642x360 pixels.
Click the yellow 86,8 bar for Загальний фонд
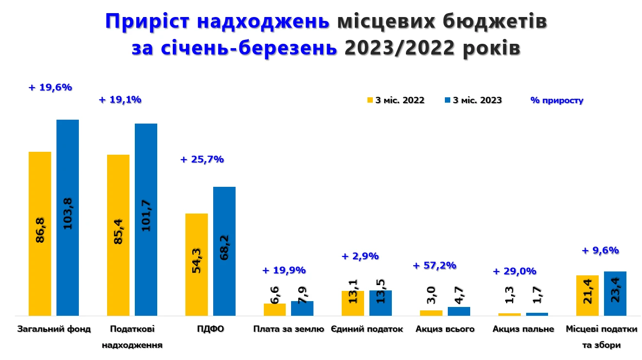tap(40, 234)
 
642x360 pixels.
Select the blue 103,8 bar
tap(68, 217)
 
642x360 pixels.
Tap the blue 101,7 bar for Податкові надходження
tap(146, 219)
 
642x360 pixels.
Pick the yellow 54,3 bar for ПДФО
tap(197, 264)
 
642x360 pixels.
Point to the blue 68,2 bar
tap(224, 251)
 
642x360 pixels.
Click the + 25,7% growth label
tap(202, 159)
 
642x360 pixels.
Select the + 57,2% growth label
tap(435, 265)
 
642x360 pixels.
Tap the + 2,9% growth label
tap(360, 256)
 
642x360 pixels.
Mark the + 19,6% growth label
tap(50, 88)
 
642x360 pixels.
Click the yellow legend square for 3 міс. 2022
tap(370, 100)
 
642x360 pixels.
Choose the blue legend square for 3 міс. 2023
tap(448, 100)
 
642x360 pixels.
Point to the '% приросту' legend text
tap(557, 101)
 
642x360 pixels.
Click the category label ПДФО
tap(210, 329)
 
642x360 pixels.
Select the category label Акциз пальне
tap(523, 329)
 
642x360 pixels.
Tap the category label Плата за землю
tap(289, 329)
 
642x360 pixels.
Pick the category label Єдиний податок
tap(367, 329)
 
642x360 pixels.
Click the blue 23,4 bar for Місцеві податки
tap(615, 293)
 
